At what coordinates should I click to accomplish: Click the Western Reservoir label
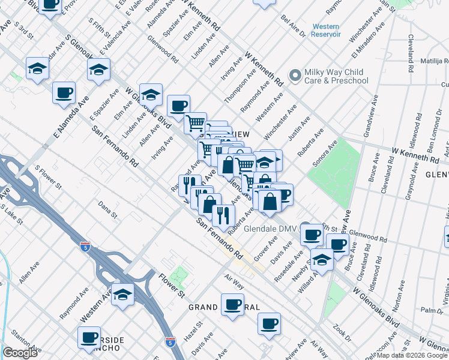click(x=326, y=31)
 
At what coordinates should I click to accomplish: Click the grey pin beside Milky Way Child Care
click(x=295, y=76)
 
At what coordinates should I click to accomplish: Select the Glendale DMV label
click(x=279, y=228)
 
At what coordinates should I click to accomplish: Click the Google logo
click(x=20, y=353)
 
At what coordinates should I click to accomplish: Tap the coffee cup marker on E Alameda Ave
click(x=63, y=93)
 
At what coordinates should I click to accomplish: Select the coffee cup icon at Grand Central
click(x=232, y=304)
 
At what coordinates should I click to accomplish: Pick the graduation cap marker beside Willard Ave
click(x=322, y=260)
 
